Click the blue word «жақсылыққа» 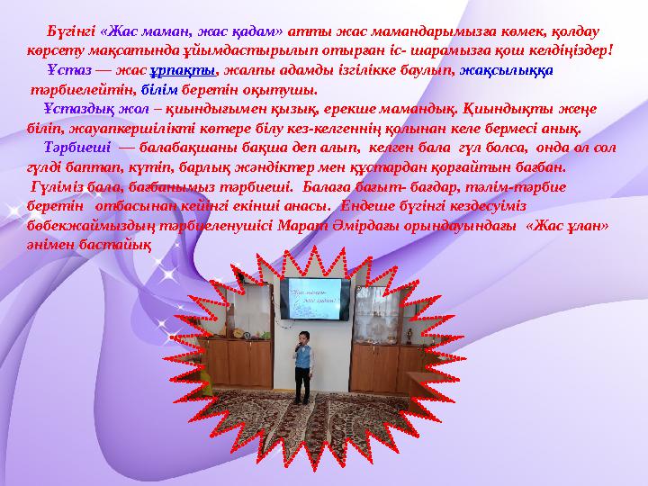point(507,71)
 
